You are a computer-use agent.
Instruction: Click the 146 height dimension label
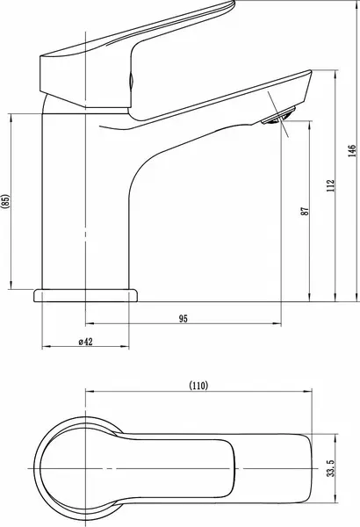pyautogui.click(x=351, y=151)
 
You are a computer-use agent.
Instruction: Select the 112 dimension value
pyautogui.click(x=331, y=185)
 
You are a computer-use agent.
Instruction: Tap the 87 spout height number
pyautogui.click(x=305, y=211)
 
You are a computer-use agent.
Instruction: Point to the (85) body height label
pyautogui.click(x=6, y=202)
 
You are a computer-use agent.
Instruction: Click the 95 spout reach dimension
pyautogui.click(x=184, y=318)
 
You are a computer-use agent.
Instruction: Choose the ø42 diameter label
pyautogui.click(x=85, y=342)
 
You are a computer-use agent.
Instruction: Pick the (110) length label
pyautogui.click(x=198, y=386)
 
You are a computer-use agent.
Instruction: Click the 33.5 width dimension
pyautogui.click(x=331, y=468)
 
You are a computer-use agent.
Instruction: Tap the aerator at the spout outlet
pyautogui.click(x=278, y=116)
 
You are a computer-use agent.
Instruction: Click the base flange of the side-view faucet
pyautogui.click(x=86, y=295)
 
